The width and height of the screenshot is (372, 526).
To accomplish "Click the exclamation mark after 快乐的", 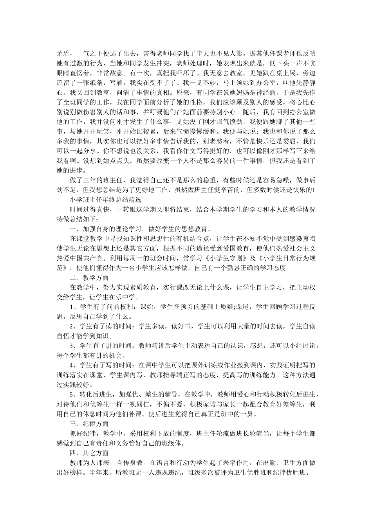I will coord(313,190).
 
